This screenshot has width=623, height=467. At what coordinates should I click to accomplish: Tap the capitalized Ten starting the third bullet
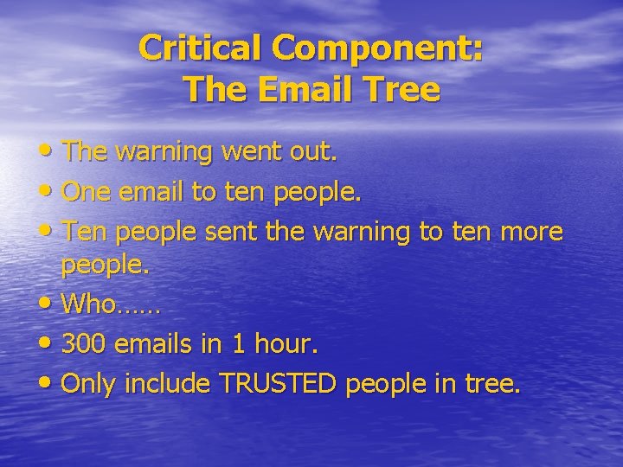coord(85,231)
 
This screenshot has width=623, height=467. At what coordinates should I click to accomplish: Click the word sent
coord(234,231)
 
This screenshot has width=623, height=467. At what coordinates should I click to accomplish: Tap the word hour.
coord(286,345)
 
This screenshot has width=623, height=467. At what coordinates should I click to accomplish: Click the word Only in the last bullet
coord(90,383)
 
